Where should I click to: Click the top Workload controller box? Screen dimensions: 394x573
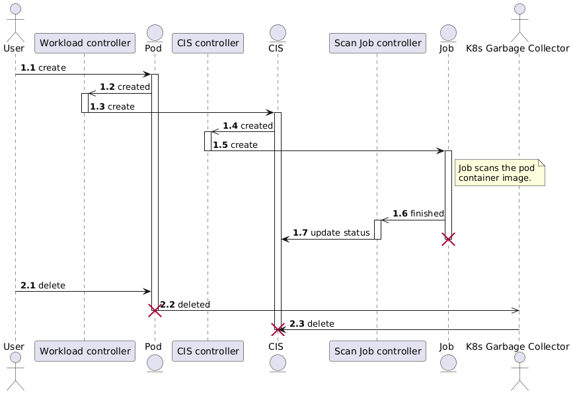coord(84,44)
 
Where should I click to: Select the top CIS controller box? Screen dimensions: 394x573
coord(208,44)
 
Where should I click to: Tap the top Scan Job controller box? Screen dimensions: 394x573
coord(377,44)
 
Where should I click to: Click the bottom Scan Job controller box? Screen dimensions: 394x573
coord(377,351)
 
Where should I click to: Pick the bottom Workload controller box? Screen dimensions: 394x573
coord(84,351)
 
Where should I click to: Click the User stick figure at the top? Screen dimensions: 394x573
coord(15,20)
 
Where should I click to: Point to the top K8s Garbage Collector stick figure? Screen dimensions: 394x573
coord(519,20)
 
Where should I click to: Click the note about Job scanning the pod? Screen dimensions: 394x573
coord(500,173)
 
